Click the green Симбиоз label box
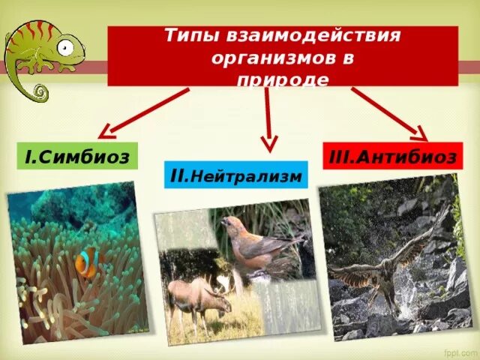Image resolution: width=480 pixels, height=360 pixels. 76,157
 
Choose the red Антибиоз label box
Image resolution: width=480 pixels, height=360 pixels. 392,157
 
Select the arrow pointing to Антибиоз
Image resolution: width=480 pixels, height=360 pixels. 391,113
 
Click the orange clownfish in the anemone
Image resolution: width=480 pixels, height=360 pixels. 87,262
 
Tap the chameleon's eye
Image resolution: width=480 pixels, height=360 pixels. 67,47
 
